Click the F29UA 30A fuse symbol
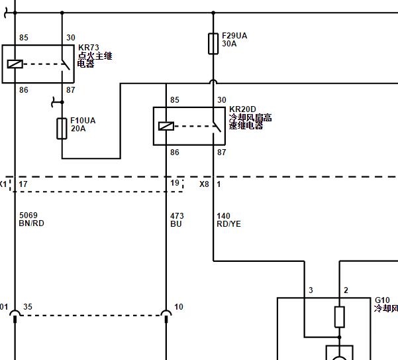[x=213, y=44]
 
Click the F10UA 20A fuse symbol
[x=62, y=129]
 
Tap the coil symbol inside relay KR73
[x=15, y=64]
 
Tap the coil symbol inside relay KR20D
[x=166, y=126]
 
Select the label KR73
[x=89, y=48]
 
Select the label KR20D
[x=242, y=109]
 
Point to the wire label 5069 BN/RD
[x=32, y=219]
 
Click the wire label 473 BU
[x=177, y=220]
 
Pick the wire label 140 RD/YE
[x=228, y=220]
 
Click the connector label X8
[x=204, y=184]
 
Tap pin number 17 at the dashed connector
[x=23, y=184]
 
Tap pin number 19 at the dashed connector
[x=175, y=183]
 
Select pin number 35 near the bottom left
[x=28, y=307]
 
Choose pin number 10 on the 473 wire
[x=179, y=307]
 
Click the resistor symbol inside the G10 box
[x=340, y=317]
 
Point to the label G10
[x=382, y=300]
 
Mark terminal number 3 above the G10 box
[x=311, y=290]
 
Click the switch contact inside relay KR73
[x=66, y=64]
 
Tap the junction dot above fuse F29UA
[x=213, y=13]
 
